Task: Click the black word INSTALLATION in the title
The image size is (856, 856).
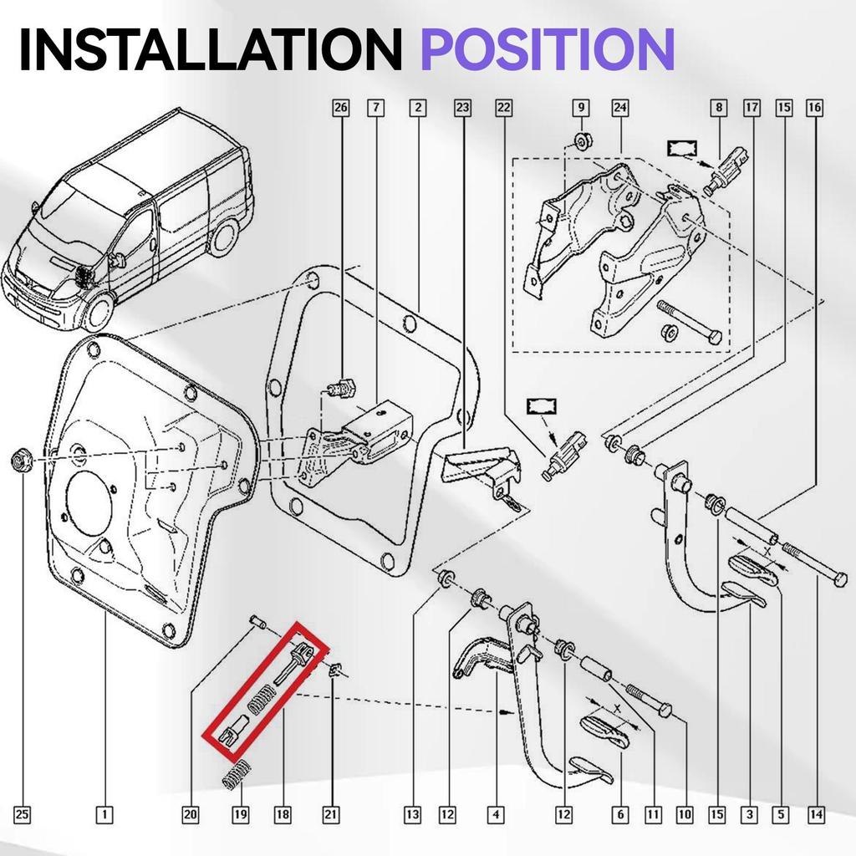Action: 209,48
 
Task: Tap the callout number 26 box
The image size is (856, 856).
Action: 339,107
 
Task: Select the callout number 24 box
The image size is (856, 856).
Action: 619,107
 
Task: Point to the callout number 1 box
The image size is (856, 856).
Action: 104,813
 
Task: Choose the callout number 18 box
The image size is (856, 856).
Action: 283,813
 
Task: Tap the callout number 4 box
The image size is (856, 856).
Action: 497,813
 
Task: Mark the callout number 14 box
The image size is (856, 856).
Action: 816,813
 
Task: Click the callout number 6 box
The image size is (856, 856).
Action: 619,813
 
